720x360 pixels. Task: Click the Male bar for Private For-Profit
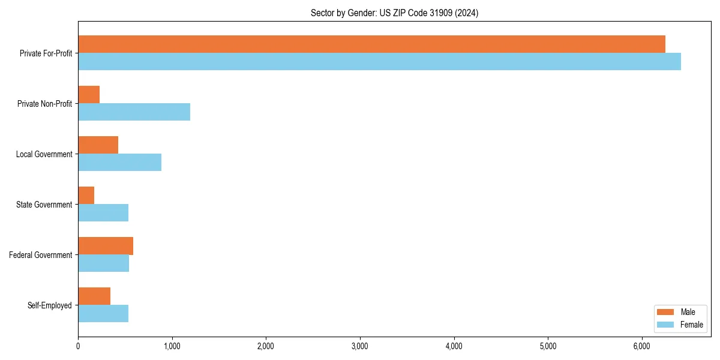(371, 44)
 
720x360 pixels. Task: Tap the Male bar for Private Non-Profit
(89, 95)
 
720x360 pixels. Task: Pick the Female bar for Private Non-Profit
(134, 112)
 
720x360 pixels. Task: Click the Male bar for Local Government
(98, 145)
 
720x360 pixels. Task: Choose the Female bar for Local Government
(119, 163)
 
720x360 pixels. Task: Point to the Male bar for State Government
(86, 196)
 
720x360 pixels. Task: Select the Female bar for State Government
(103, 213)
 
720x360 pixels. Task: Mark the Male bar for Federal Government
(106, 246)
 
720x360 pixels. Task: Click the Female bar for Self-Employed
(103, 314)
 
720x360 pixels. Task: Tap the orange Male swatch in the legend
(666, 312)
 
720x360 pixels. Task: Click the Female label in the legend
(692, 325)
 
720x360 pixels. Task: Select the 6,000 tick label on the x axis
(642, 346)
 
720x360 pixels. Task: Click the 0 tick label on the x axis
(78, 346)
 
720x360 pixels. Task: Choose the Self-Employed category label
(50, 305)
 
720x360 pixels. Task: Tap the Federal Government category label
(41, 255)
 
